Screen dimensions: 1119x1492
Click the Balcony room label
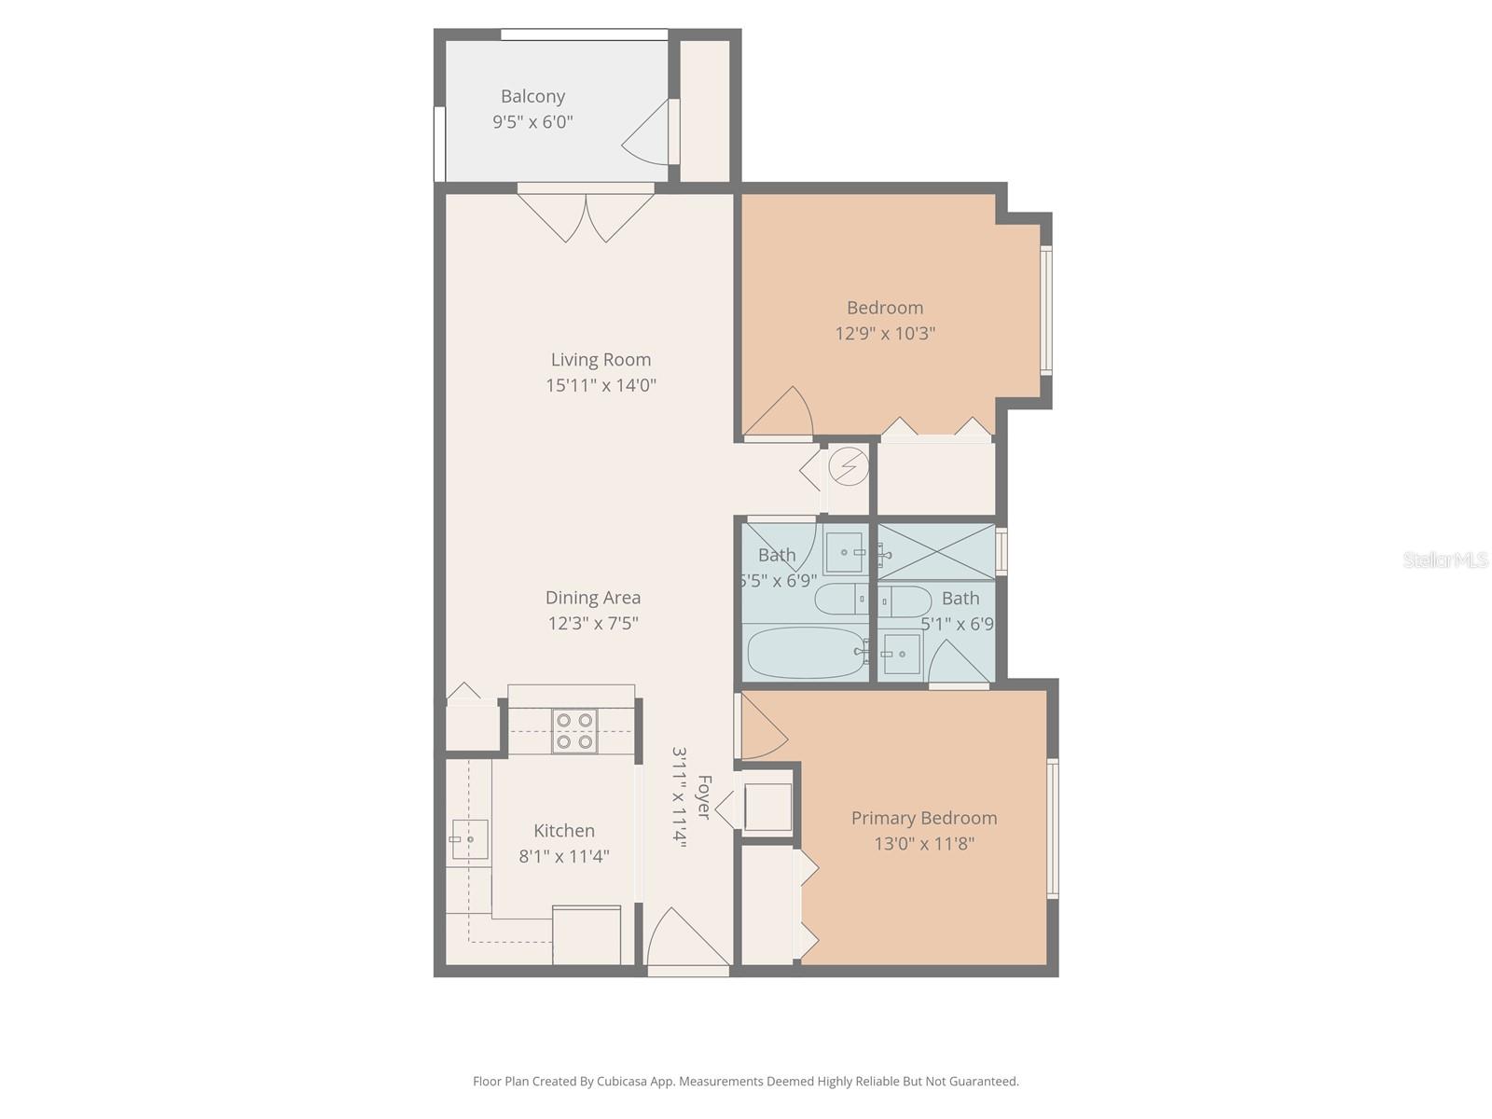(532, 96)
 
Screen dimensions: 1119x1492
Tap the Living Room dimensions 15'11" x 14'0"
(601, 385)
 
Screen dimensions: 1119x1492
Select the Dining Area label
(592, 598)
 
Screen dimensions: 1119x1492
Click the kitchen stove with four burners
(574, 731)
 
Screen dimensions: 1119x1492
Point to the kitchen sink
(469, 839)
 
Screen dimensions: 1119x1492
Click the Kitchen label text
(563, 831)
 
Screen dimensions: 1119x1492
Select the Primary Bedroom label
(923, 818)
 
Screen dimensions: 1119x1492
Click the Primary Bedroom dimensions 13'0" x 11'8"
(923, 844)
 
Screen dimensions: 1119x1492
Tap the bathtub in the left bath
(806, 652)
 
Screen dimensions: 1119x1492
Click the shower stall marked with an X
(935, 552)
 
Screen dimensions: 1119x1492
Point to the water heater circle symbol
(849, 466)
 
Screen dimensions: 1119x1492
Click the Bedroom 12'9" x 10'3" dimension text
(884, 334)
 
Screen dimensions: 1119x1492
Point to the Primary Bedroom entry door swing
(760, 727)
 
